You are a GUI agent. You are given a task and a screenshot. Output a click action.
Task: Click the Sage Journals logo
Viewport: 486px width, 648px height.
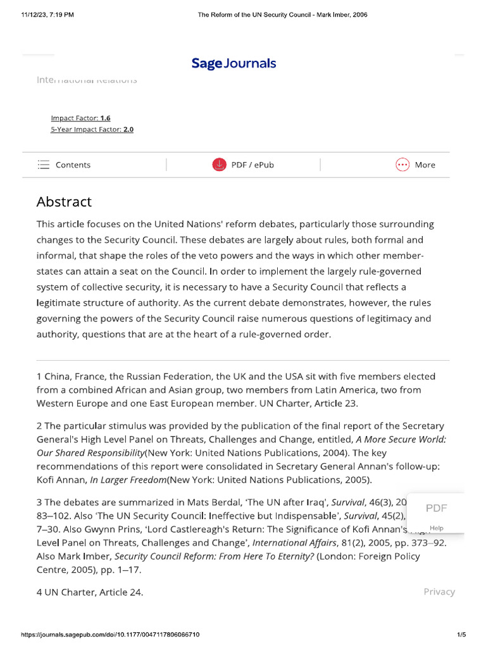pos(234,63)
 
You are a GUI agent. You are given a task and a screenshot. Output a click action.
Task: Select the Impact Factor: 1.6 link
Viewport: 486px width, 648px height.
pos(80,118)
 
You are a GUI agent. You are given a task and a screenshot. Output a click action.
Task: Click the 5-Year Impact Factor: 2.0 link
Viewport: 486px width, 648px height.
pos(92,129)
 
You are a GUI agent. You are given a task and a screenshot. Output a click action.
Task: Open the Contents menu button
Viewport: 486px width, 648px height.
pos(64,165)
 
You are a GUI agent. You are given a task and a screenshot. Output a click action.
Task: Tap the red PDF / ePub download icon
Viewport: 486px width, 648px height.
pos(219,165)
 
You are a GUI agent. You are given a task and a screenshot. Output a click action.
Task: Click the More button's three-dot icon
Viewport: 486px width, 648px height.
pos(402,165)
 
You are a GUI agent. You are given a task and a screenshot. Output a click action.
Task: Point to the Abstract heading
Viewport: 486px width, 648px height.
pos(64,202)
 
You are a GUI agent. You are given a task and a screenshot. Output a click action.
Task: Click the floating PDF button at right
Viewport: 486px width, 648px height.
pos(436,508)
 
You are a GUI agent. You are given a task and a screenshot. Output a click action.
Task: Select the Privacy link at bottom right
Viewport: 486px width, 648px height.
pos(439,592)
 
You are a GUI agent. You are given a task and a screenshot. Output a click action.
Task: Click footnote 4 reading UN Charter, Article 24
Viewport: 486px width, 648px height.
pos(90,592)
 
